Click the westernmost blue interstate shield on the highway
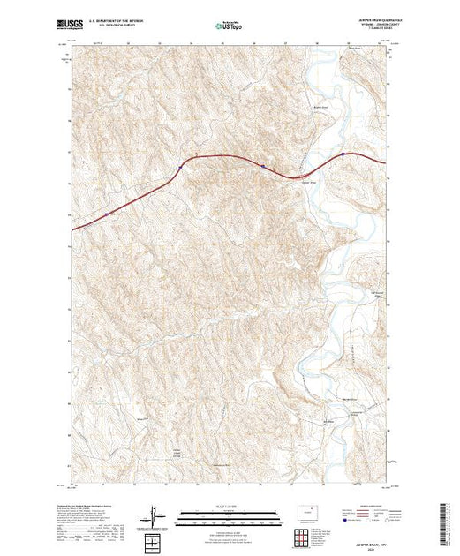(107, 214)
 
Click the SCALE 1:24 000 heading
(229, 509)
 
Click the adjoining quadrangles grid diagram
(304, 534)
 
